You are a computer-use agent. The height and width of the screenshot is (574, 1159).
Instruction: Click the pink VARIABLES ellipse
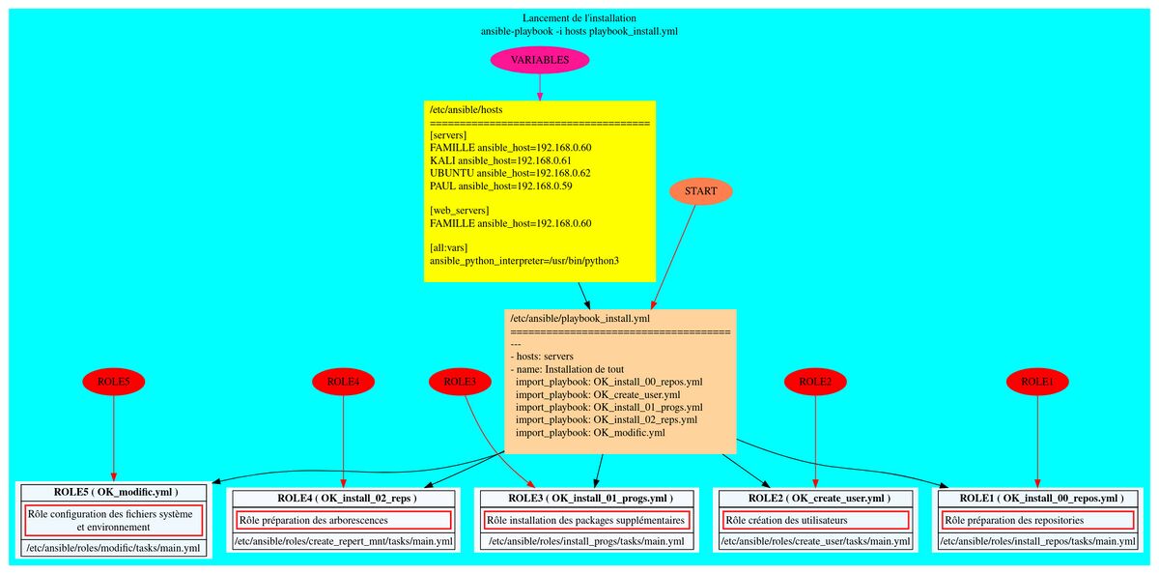[x=540, y=60]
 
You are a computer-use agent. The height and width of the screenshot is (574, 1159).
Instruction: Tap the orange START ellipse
[x=700, y=191]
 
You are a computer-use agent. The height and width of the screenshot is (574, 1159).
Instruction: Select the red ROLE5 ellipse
[x=114, y=383]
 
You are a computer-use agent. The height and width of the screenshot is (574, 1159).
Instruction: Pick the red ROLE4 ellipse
[x=343, y=383]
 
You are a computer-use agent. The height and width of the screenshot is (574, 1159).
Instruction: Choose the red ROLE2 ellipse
[x=815, y=383]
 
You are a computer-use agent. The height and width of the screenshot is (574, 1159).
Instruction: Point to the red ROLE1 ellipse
[x=1037, y=383]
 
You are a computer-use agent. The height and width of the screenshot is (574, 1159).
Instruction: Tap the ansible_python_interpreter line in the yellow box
[x=524, y=261]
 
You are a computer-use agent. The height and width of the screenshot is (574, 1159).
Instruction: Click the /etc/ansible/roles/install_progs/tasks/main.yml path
[x=586, y=542]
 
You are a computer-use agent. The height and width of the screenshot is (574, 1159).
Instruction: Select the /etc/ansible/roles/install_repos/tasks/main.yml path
[x=1037, y=542]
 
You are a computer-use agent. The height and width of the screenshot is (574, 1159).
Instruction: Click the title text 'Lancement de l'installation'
[x=579, y=18]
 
